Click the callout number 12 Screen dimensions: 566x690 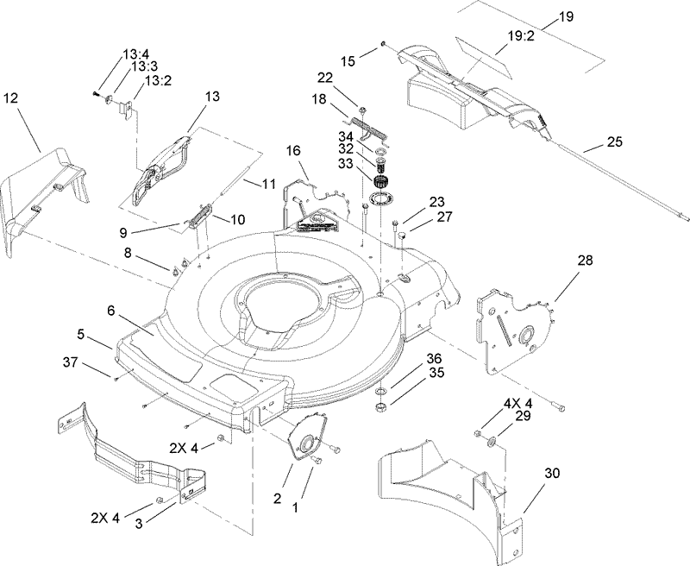[x=10, y=98]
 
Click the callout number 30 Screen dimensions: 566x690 [x=552, y=472]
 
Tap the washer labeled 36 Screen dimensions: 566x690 [x=381, y=384]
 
